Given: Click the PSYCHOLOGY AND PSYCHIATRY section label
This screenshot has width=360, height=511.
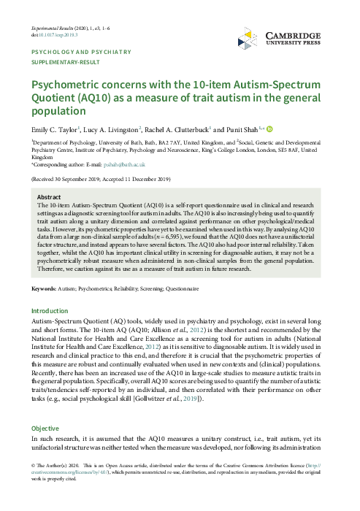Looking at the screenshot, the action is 80,52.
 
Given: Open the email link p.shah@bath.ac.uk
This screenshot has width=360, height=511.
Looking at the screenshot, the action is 118,164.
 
